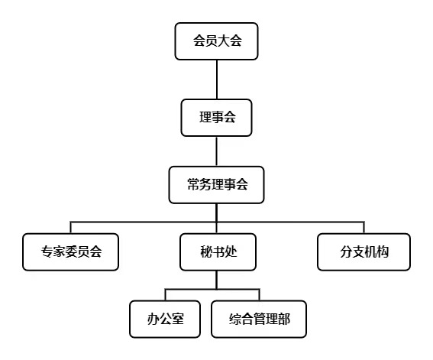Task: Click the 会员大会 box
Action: [217, 41]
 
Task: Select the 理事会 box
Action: [217, 118]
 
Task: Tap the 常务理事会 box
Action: [217, 185]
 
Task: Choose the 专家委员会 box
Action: [71, 252]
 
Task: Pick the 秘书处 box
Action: [218, 252]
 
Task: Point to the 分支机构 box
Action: [364, 252]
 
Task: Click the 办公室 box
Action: [165, 319]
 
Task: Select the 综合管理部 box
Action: [259, 319]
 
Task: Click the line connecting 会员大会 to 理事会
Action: [217, 79]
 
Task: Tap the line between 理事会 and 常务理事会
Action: [217, 151]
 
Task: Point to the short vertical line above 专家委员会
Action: [71, 228]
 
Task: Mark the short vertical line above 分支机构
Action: [364, 228]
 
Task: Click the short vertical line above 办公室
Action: [165, 295]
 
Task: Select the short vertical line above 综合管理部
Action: [260, 295]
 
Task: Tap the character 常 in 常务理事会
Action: [193, 184]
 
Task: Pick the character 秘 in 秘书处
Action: [206, 251]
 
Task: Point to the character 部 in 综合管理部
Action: [284, 319]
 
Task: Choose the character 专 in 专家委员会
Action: [47, 251]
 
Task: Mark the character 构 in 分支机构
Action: [383, 251]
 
